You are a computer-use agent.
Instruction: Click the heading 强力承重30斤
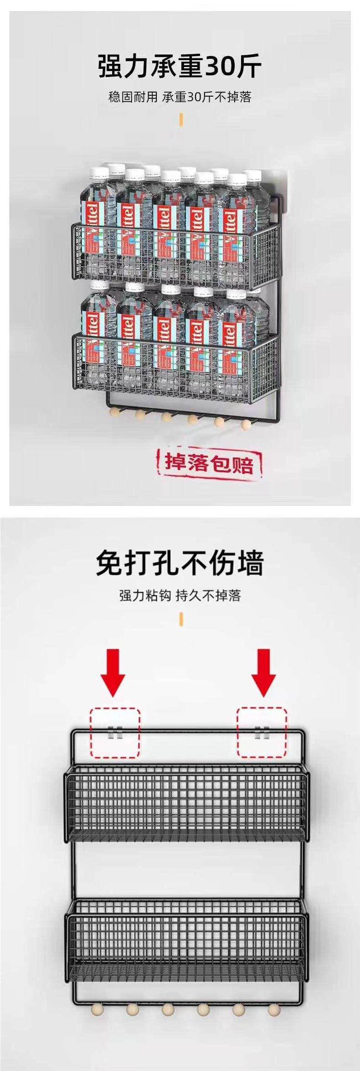click(180, 67)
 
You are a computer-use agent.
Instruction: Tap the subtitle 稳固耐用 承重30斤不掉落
click(180, 97)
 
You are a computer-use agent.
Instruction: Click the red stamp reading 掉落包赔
click(209, 463)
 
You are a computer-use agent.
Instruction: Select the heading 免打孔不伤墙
click(180, 563)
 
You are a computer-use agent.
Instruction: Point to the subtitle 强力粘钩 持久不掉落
click(180, 595)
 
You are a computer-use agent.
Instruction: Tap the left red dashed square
click(115, 732)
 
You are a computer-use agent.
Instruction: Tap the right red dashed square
click(261, 732)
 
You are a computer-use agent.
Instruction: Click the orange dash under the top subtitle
click(181, 119)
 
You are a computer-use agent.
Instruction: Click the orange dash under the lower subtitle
click(181, 619)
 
